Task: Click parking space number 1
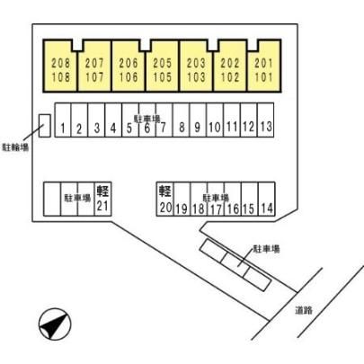click(63, 120)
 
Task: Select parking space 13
click(265, 120)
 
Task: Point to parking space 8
click(181, 120)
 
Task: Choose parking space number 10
click(215, 120)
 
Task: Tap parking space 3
click(96, 120)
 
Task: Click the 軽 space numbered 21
click(102, 199)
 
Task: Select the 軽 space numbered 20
click(165, 199)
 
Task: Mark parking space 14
click(267, 199)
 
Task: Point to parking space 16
click(233, 199)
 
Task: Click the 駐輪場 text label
click(15, 147)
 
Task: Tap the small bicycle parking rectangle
click(45, 126)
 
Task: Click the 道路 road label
click(304, 310)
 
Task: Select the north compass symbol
click(55, 324)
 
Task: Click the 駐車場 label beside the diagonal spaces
click(267, 249)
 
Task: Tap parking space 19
click(182, 199)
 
